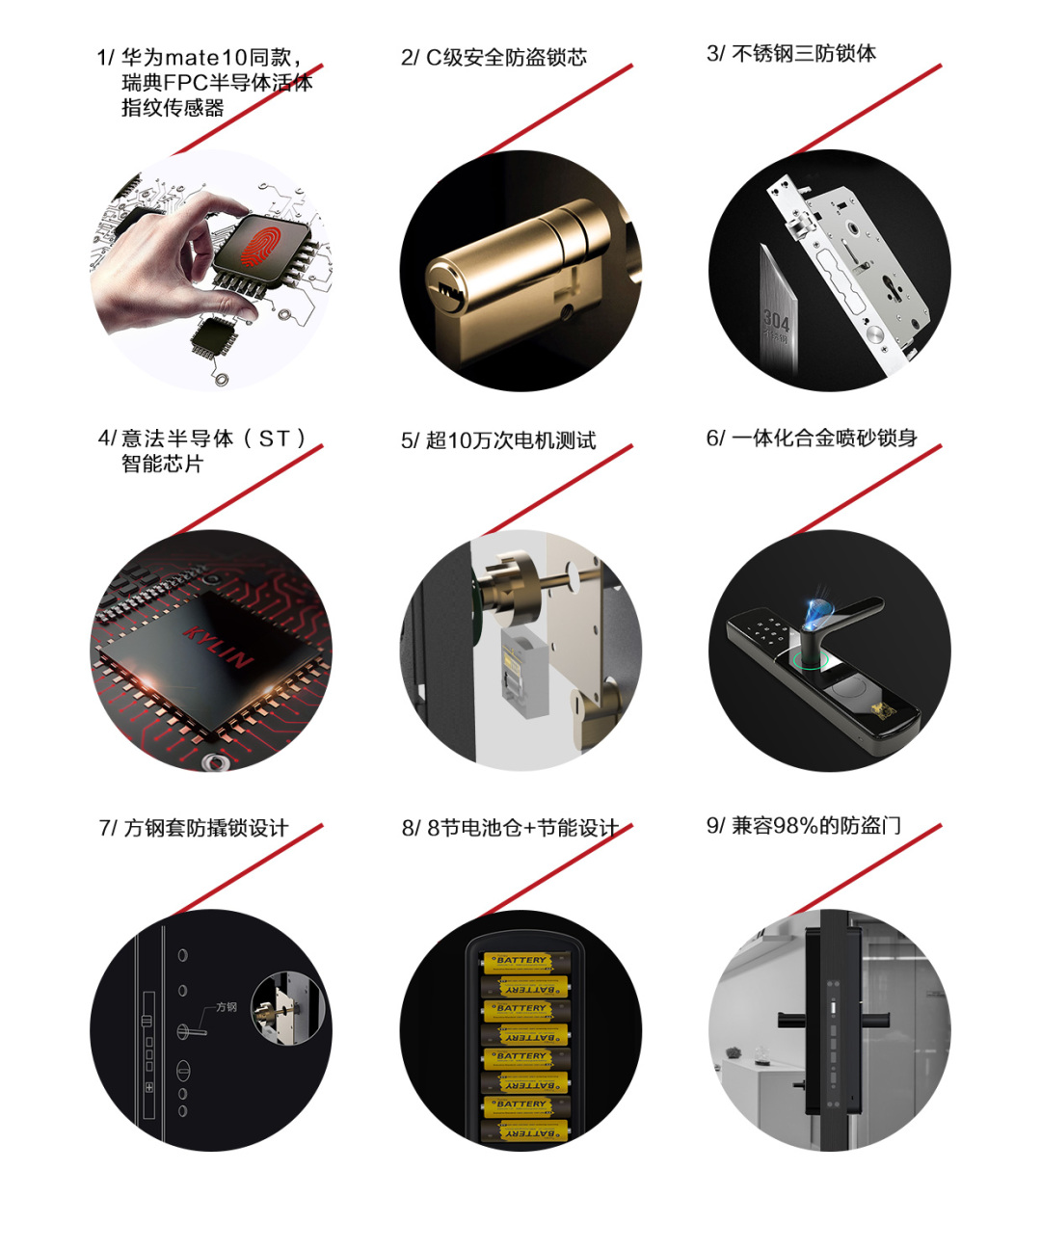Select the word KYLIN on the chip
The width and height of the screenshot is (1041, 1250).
[x=217, y=648]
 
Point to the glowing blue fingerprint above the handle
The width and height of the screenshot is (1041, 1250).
[x=818, y=615]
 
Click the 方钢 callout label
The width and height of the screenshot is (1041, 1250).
[x=226, y=1007]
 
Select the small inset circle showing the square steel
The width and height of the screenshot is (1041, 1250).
[x=287, y=1009]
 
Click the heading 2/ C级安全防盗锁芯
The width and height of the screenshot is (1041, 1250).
[x=494, y=58]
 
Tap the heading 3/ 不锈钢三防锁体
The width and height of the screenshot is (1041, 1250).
[x=790, y=53]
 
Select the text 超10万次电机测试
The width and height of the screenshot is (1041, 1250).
[x=511, y=440]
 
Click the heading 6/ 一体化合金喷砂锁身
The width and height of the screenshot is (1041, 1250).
[x=812, y=438]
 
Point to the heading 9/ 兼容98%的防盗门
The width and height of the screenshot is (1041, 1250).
[x=803, y=826]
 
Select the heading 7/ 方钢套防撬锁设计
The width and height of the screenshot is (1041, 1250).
[x=194, y=829]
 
